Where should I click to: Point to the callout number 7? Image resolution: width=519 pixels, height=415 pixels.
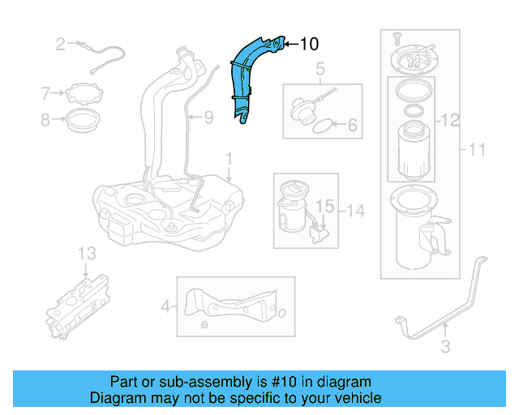click(46, 93)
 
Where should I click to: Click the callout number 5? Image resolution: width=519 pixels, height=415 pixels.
click(320, 70)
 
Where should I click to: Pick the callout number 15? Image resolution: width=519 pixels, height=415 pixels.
click(324, 207)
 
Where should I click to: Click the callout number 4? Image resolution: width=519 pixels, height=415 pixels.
click(166, 306)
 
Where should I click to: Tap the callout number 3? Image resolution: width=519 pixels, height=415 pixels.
click(444, 349)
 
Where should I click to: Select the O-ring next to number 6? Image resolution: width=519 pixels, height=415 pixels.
click(322, 126)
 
